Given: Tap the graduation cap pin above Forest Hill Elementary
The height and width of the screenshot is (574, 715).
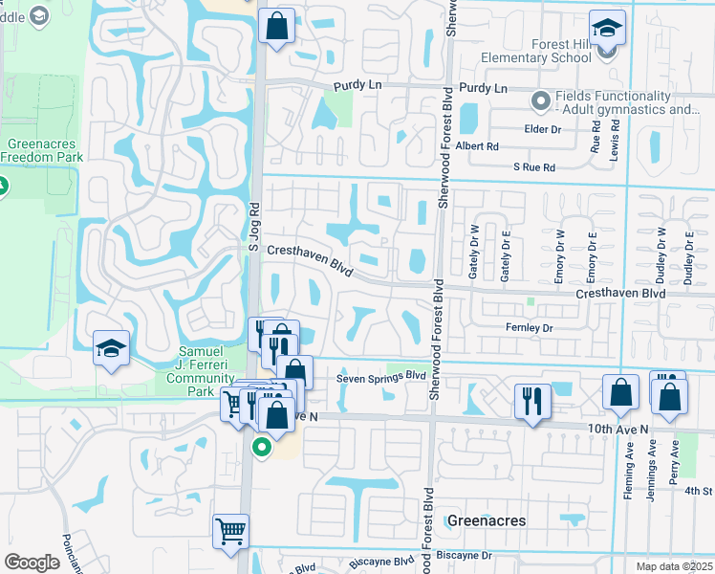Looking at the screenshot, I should coord(607,29).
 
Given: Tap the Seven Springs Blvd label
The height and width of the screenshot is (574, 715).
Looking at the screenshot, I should coord(380,378).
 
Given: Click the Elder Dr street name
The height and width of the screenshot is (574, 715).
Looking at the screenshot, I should coord(541,129).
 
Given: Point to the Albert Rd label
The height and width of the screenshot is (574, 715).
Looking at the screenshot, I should coord(477,146).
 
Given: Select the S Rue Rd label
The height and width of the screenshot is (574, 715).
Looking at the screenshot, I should coord(533,167).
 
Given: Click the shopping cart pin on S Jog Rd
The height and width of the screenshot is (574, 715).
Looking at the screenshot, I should coord(230,531).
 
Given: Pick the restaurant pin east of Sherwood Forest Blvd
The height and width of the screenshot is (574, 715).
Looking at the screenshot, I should coord(531,400).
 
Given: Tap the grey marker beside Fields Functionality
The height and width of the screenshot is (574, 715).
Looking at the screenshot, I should coord(541,99).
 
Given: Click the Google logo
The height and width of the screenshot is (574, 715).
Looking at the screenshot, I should coord(32,562).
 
